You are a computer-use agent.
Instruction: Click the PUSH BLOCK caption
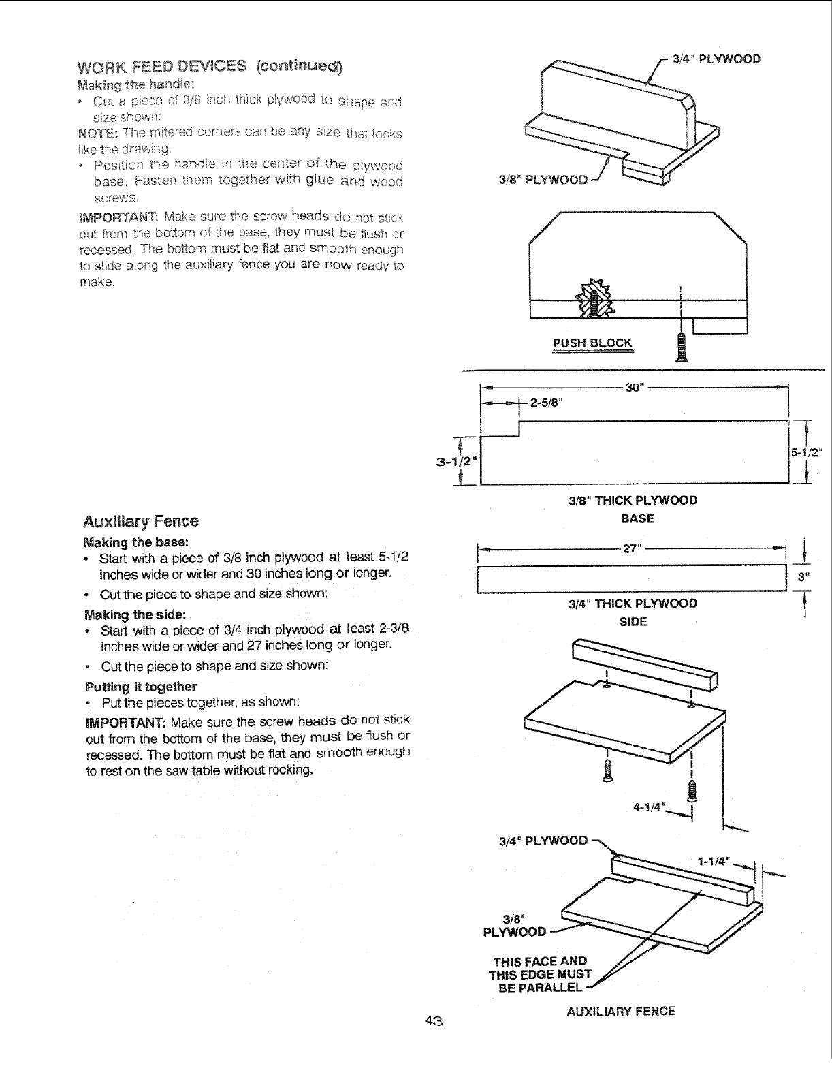coord(592,343)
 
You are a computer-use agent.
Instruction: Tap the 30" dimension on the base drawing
coord(634,387)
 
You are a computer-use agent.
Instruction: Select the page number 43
coord(434,1020)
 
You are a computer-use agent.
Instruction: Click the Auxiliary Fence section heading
coord(141,522)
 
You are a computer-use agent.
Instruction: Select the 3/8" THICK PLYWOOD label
coord(633,501)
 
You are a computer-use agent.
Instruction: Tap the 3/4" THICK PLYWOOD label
coord(633,604)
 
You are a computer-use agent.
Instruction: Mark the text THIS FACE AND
coord(540,961)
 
